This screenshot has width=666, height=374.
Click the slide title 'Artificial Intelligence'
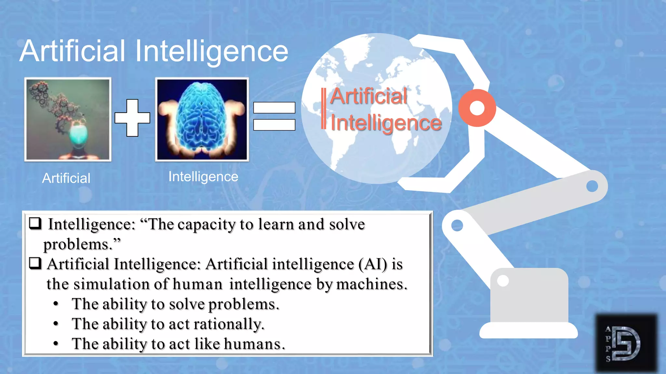coord(154,51)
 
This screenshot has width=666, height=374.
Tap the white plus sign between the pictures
coord(132,118)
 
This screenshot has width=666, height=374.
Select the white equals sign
coord(274,116)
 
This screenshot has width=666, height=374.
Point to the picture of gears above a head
coord(68,119)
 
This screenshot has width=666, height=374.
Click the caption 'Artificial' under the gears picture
coord(66,178)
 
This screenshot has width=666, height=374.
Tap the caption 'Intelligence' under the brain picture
coord(203,177)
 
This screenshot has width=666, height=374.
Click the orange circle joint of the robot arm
coord(477,108)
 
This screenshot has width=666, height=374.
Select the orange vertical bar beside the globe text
coord(324,108)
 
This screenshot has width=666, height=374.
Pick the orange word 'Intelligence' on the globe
coord(386,123)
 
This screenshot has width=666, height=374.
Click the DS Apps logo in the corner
coord(626,343)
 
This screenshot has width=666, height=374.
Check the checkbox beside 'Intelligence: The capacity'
coord(35,223)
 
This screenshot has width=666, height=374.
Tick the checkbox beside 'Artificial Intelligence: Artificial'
coord(35,263)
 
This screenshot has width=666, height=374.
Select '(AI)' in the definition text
coord(373,264)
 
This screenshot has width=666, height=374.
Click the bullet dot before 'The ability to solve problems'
coord(56,304)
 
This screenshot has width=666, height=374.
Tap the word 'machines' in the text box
coord(371,284)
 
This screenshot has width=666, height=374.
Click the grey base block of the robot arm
coord(529,295)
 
